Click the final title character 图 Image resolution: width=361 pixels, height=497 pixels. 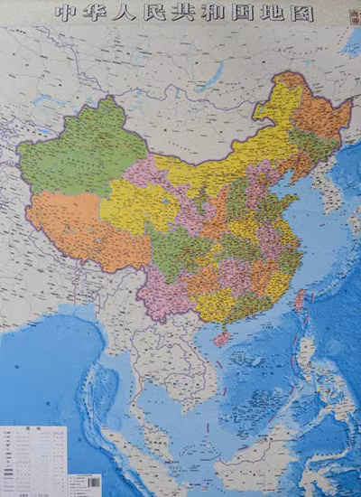click(310, 13)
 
